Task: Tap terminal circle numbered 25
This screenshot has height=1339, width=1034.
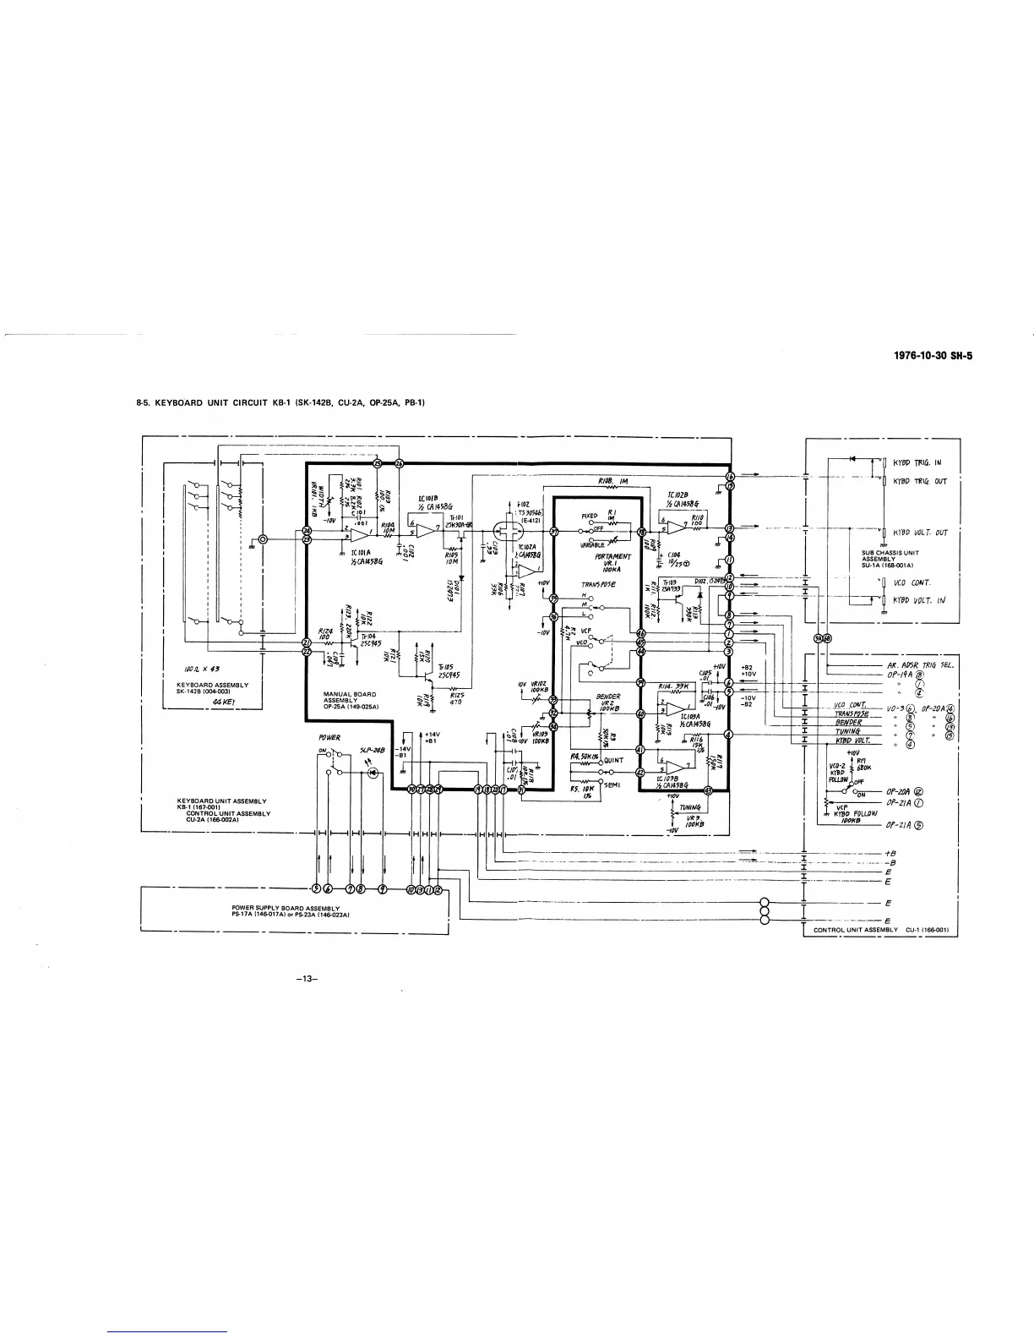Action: [x=378, y=462]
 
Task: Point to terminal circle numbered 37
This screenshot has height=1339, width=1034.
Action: [x=554, y=533]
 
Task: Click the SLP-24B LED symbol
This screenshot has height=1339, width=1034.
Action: [x=371, y=773]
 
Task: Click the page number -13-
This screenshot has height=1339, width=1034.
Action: [x=306, y=979]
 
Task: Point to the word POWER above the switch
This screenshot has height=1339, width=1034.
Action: [x=329, y=737]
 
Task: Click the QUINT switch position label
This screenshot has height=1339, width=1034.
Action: [x=614, y=759]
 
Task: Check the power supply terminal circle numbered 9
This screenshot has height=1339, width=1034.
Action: [x=383, y=888]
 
